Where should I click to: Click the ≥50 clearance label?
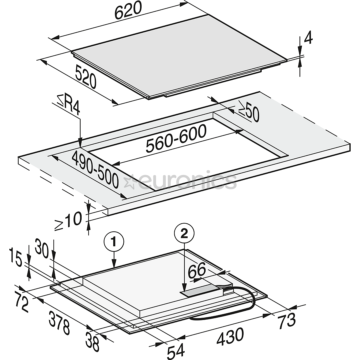point(249,112)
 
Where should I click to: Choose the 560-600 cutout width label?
point(176,139)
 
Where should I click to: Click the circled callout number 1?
point(114,242)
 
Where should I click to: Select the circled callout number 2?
point(184,234)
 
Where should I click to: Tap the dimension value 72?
point(21,301)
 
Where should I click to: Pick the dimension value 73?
point(286,321)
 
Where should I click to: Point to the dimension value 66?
point(197,270)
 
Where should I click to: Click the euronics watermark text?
point(180,181)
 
